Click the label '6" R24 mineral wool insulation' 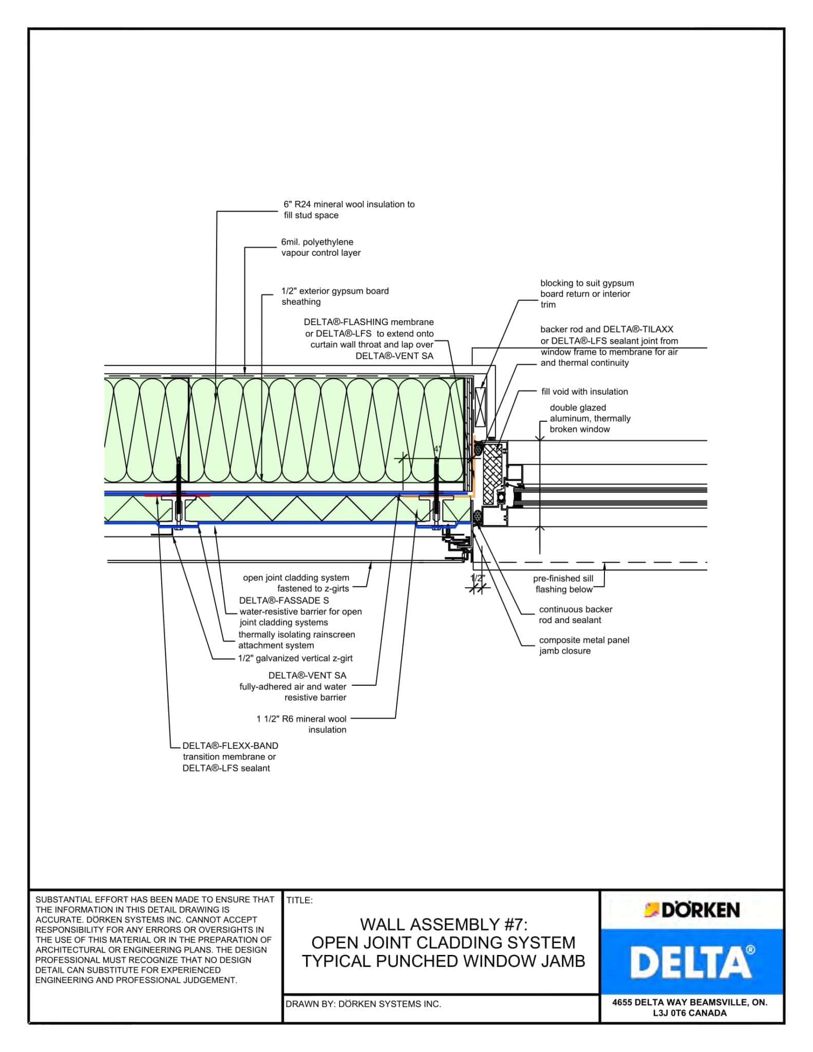349,204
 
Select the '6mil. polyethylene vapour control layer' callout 320,247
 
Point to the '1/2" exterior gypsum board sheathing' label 334,296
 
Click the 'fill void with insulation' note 584,391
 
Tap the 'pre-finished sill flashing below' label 563,584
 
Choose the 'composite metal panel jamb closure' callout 583,645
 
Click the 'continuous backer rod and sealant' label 575,614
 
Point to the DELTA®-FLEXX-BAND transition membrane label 230,757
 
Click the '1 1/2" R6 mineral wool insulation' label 301,724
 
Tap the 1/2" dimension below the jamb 478,578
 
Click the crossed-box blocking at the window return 480,407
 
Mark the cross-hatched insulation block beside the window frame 493,473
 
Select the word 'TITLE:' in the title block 299,900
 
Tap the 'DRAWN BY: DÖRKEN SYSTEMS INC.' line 363,1004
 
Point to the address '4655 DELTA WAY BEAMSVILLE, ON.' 690,1002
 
